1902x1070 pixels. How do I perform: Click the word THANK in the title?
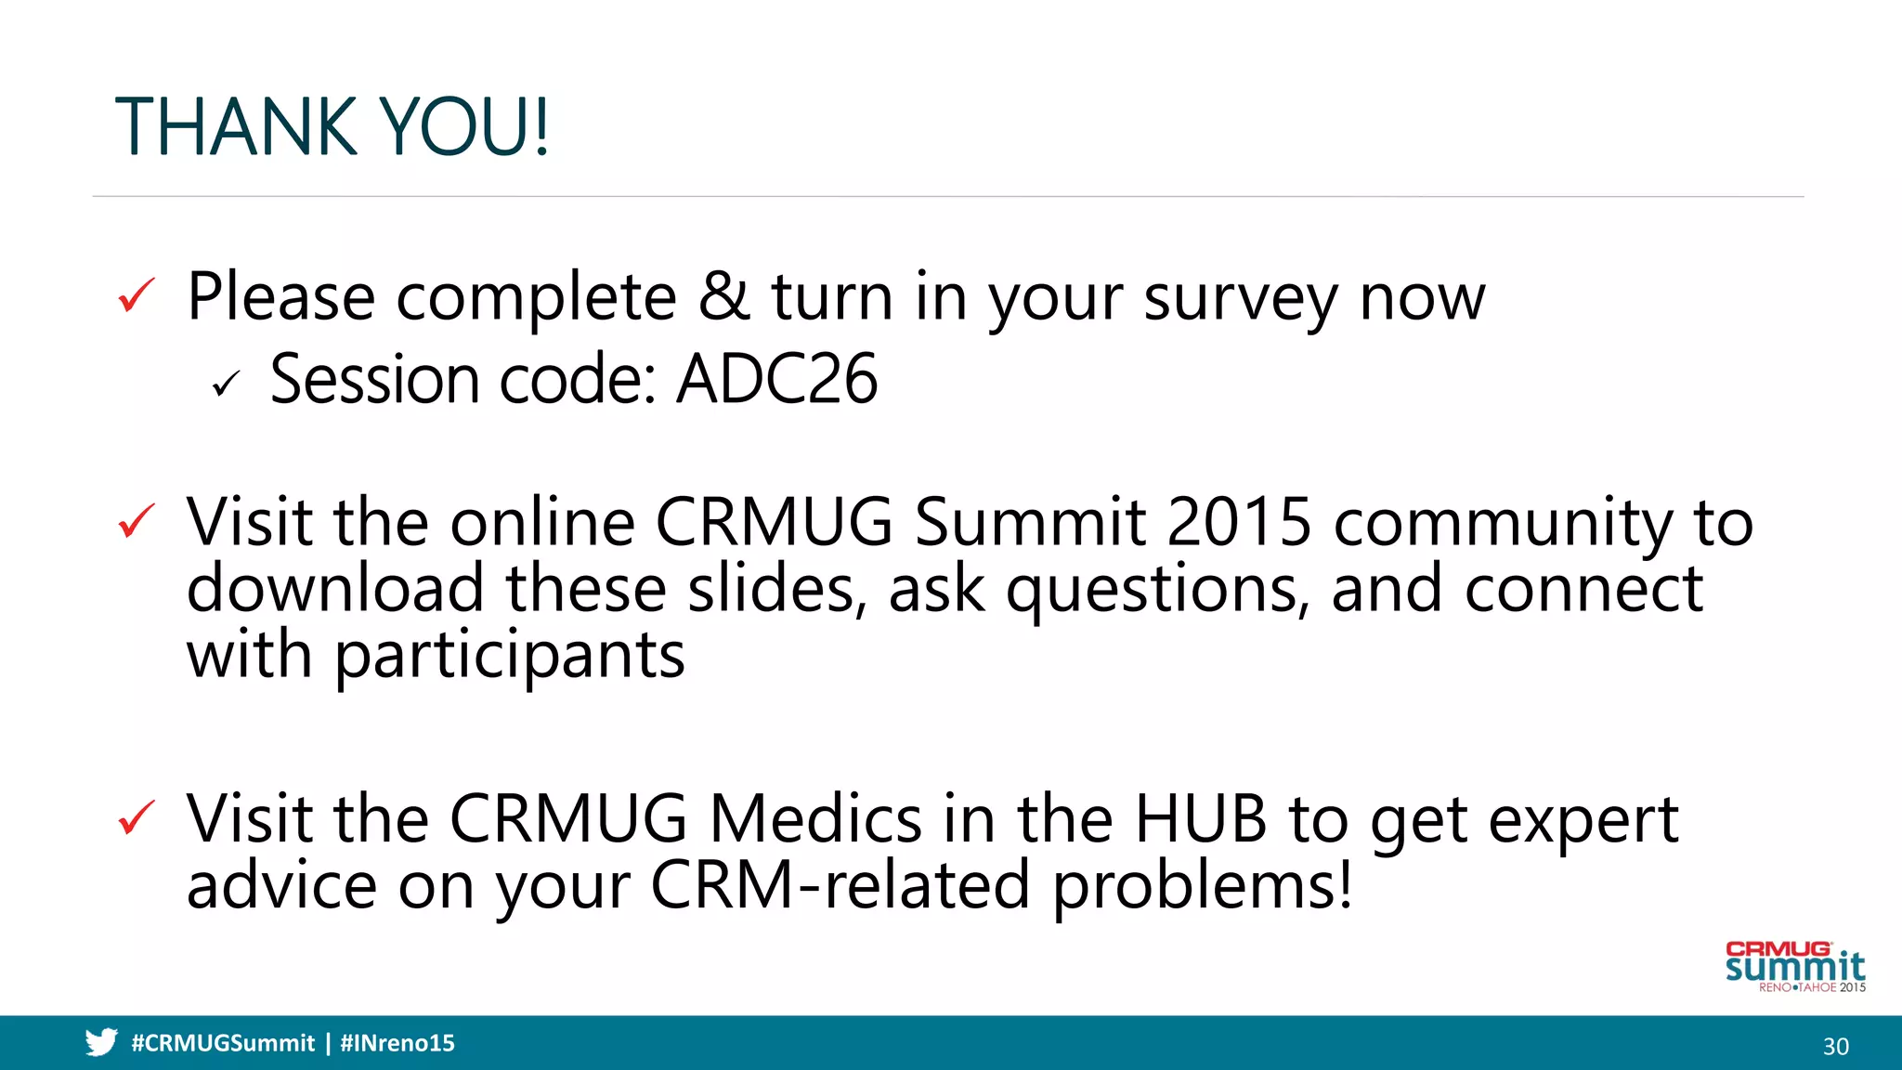point(236,127)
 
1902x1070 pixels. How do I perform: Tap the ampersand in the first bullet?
point(724,296)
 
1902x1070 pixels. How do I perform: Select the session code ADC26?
point(776,379)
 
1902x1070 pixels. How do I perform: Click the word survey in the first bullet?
point(1240,299)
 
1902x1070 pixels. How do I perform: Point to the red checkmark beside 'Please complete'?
point(137,296)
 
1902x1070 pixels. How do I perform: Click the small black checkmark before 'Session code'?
point(226,383)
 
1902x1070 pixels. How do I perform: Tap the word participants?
point(510,657)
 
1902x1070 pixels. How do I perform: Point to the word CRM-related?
point(840,885)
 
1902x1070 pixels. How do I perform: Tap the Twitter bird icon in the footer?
point(101,1042)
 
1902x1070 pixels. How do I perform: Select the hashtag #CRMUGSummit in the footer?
point(223,1043)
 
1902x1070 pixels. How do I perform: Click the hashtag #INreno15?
point(397,1043)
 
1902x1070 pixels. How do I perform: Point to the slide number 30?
point(1835,1047)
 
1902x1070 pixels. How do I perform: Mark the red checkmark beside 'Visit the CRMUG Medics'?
point(137,818)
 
